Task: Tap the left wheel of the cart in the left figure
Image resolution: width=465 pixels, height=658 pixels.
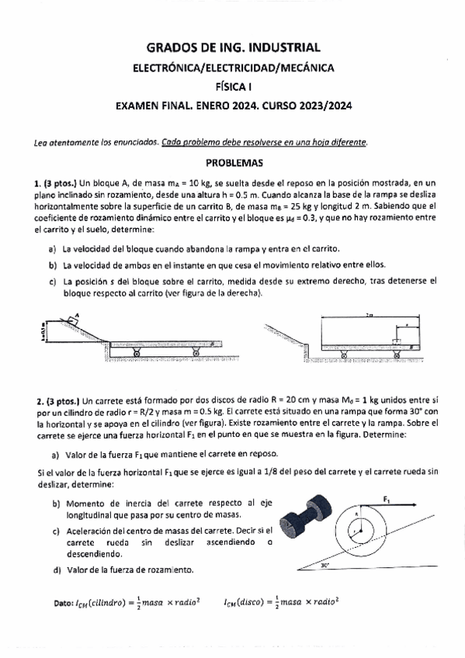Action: pyautogui.click(x=136, y=353)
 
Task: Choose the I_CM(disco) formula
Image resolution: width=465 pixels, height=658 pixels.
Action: pyautogui.click(x=283, y=601)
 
